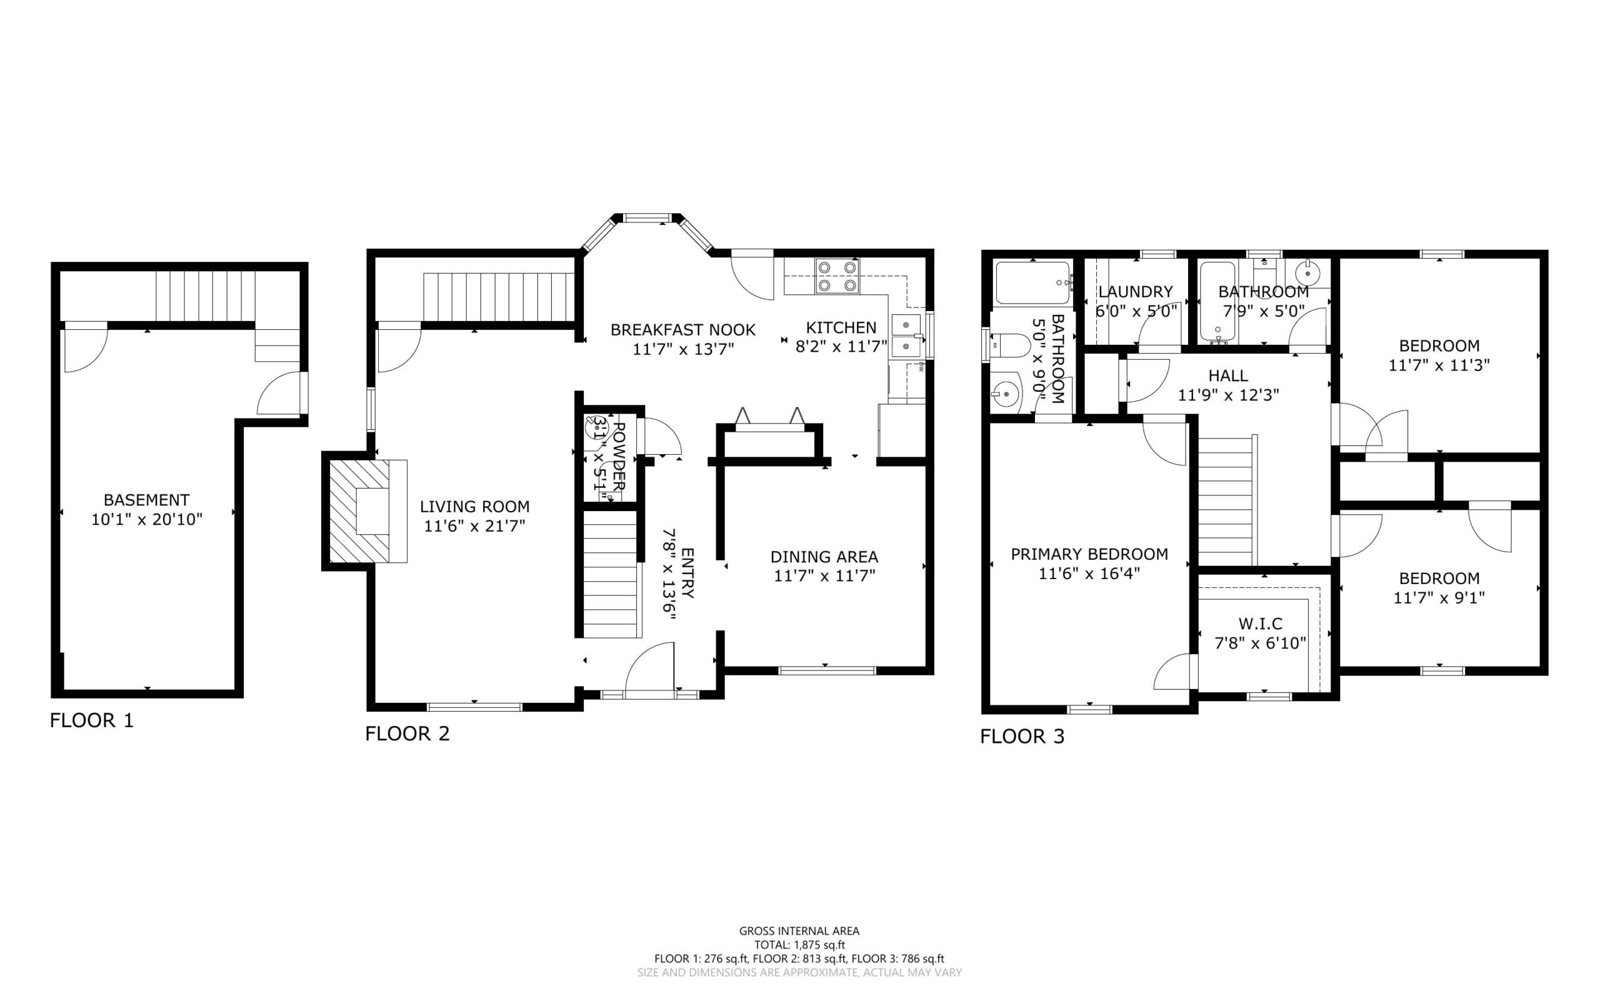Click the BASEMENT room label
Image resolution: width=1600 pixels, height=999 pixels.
(146, 500)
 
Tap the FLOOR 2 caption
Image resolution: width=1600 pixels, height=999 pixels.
(407, 733)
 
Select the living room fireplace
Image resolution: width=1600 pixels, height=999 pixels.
(365, 510)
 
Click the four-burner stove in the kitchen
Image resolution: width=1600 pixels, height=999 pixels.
(837, 276)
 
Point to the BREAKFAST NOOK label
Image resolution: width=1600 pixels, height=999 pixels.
(682, 330)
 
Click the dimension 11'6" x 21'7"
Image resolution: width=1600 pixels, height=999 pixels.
(474, 526)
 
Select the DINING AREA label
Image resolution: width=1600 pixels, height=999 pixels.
(824, 557)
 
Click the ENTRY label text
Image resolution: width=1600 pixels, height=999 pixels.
(687, 573)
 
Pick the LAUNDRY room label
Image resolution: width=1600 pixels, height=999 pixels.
(1136, 291)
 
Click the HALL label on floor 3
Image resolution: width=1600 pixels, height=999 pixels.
(1228, 376)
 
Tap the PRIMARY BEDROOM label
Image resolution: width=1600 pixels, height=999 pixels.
(1089, 554)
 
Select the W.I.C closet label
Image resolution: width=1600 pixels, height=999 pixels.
(1260, 624)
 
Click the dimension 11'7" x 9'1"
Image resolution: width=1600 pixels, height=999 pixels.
(1439, 598)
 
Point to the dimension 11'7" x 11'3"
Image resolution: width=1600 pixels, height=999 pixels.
(1439, 365)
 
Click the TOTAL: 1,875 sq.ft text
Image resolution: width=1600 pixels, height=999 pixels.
(799, 945)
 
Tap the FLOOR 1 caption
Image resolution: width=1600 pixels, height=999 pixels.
(92, 720)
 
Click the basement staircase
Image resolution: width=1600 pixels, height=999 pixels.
(206, 296)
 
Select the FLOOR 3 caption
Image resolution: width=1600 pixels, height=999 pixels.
(1022, 736)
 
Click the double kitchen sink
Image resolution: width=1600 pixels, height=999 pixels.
(907, 335)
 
